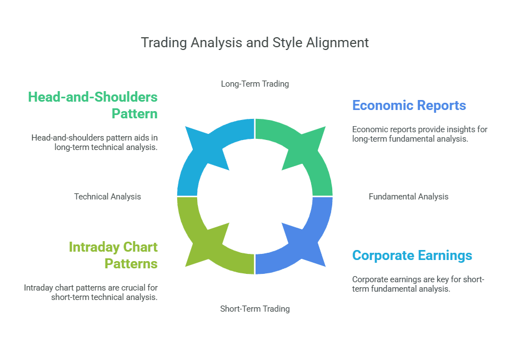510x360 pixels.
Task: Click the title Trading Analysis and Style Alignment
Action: pyautogui.click(x=254, y=43)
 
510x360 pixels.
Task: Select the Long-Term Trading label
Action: pyautogui.click(x=254, y=84)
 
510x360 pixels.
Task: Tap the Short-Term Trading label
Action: pyautogui.click(x=254, y=308)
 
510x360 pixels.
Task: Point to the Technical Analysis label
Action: pyautogui.click(x=107, y=196)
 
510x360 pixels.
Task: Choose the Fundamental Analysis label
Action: pyautogui.click(x=408, y=196)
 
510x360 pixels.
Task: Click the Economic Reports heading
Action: pyautogui.click(x=409, y=106)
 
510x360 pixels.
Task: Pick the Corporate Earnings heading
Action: pyautogui.click(x=412, y=256)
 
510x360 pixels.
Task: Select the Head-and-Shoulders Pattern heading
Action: pyautogui.click(x=93, y=105)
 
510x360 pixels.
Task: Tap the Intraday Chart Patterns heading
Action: pyautogui.click(x=113, y=255)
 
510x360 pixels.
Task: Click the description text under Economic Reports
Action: pyautogui.click(x=419, y=134)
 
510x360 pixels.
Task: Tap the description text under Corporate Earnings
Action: pyautogui.click(x=418, y=284)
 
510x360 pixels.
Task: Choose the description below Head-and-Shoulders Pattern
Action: pyautogui.click(x=94, y=142)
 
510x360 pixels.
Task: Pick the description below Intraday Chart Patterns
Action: pyautogui.click(x=91, y=292)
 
